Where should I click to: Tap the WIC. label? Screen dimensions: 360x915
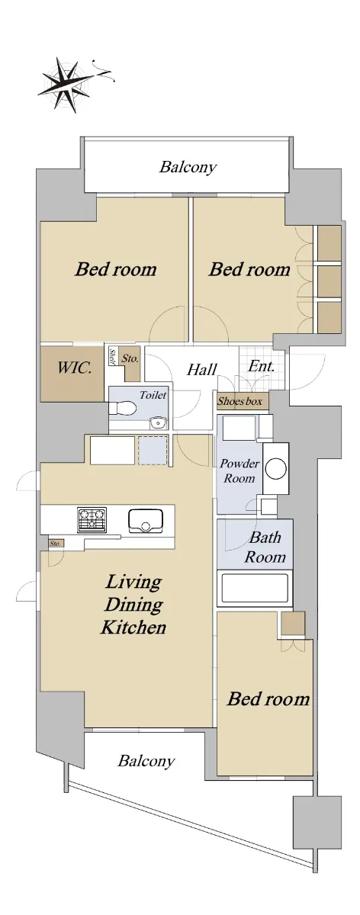coord(74,368)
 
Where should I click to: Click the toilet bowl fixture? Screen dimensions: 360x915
coord(123,408)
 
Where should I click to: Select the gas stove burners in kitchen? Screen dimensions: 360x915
coord(92,519)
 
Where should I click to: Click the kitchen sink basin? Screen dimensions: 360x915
coord(146,521)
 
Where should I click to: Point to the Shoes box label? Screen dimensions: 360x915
coord(239,401)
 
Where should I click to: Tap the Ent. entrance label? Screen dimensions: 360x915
coord(261,366)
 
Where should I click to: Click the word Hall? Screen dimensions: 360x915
coord(201,370)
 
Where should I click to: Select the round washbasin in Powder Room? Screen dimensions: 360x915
coord(275,468)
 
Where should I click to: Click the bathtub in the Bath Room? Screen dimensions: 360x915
coord(255,588)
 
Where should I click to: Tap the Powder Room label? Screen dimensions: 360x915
coord(239,470)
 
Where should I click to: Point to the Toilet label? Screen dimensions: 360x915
coord(153,395)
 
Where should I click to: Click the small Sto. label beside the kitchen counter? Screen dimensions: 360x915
coord(56,543)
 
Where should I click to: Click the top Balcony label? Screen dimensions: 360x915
coord(188,167)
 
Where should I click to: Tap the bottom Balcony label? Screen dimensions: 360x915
coord(146,761)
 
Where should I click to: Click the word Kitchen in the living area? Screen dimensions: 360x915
coord(133,628)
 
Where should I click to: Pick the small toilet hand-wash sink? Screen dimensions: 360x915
coord(157,422)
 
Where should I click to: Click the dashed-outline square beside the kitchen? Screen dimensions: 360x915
coord(153,451)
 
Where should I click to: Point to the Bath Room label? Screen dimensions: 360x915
coord(265,547)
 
